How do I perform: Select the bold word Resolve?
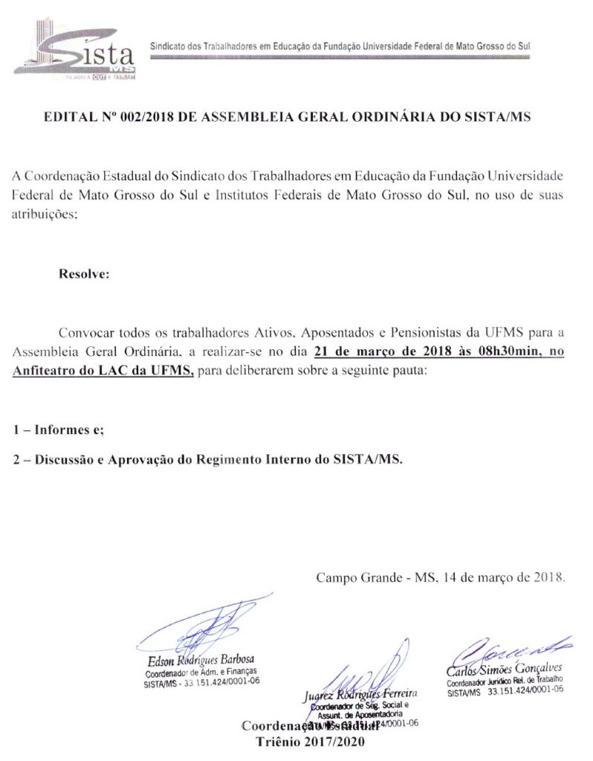point(84,273)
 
